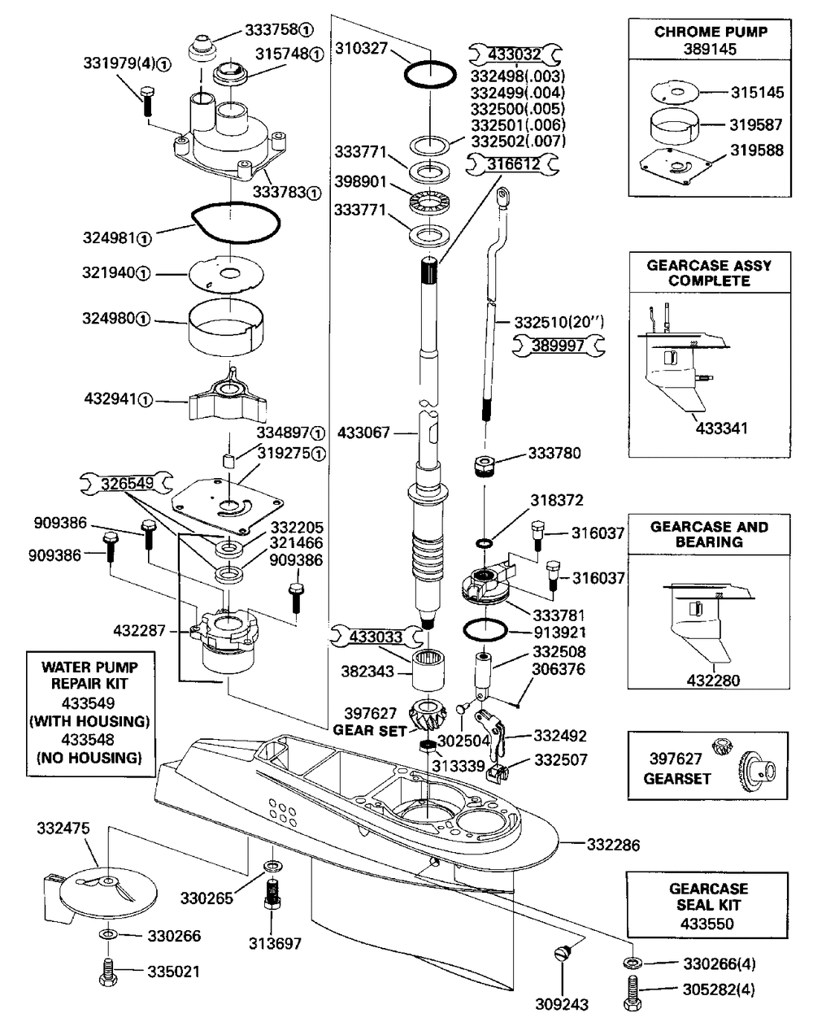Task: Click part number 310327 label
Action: [x=362, y=48]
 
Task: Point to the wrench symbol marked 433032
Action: [x=515, y=54]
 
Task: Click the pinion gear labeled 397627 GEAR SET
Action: [x=427, y=715]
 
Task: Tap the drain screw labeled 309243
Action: [x=563, y=954]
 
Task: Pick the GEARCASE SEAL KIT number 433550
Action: [x=707, y=924]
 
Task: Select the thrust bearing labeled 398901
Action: [x=431, y=202]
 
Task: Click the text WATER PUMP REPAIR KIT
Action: [x=89, y=676]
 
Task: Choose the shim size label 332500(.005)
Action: [x=518, y=108]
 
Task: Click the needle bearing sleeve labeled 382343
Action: [x=428, y=668]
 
